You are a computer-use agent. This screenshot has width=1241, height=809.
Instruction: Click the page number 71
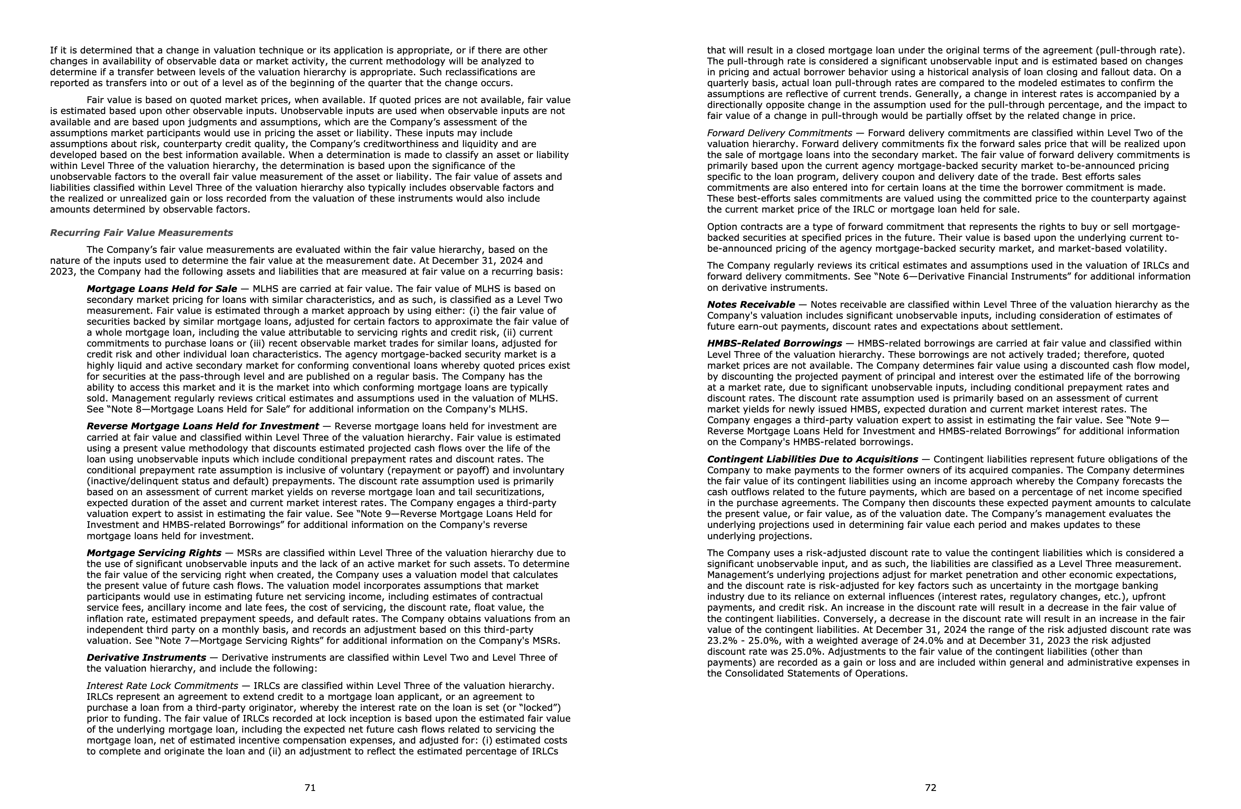point(310,788)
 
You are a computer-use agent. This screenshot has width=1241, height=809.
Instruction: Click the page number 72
point(930,788)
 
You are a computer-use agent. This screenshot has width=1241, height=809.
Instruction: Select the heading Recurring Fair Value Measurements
point(141,233)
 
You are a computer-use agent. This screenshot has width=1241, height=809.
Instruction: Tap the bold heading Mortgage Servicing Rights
point(154,553)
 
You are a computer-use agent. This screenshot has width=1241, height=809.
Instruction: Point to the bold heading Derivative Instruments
point(146,658)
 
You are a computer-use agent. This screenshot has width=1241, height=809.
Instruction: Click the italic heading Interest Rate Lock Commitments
point(162,686)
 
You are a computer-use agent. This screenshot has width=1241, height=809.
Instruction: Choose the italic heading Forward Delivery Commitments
point(779,133)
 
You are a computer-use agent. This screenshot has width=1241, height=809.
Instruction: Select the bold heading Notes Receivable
point(751,305)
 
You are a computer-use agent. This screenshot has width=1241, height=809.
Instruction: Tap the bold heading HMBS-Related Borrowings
point(774,343)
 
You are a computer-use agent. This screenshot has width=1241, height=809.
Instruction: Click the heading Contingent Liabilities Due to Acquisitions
point(812,459)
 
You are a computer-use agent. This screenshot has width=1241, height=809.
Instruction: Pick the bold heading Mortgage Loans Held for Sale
point(162,289)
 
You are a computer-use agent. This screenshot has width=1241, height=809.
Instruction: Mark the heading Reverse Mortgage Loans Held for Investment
point(203,426)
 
